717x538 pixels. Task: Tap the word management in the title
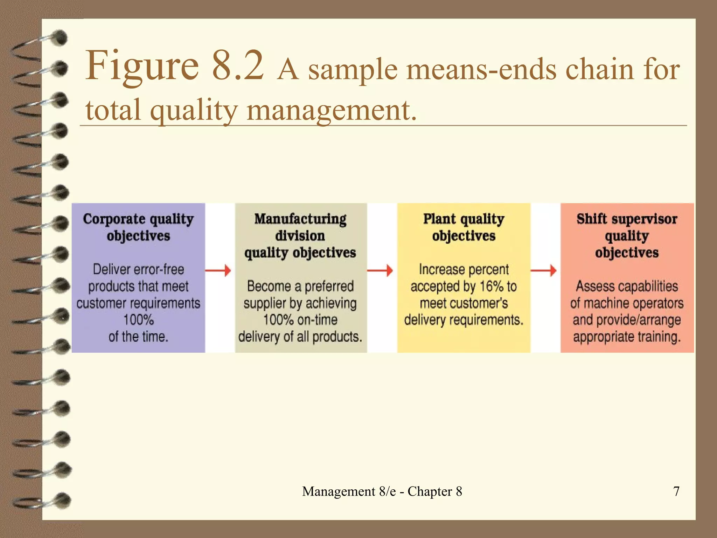click(331, 110)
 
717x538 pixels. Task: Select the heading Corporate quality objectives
click(138, 227)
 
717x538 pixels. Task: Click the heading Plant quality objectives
click(464, 227)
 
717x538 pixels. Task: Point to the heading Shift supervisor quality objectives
click(627, 235)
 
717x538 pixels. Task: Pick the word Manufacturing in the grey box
click(300, 219)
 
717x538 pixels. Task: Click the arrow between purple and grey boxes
click(218, 270)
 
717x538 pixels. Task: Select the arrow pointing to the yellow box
click(380, 270)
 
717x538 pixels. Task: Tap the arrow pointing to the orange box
click(544, 270)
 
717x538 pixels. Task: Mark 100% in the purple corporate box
click(138, 320)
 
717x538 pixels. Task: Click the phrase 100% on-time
click(300, 320)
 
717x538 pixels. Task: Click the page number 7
click(676, 491)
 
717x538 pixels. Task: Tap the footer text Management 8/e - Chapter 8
click(382, 491)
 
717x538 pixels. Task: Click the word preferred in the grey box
click(329, 286)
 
